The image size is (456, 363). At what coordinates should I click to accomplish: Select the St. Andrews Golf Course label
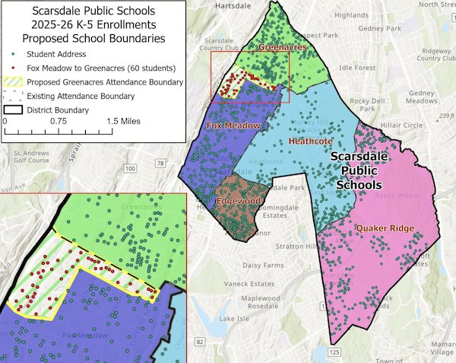click(x=30, y=156)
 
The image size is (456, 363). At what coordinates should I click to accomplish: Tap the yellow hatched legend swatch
click(x=14, y=82)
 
